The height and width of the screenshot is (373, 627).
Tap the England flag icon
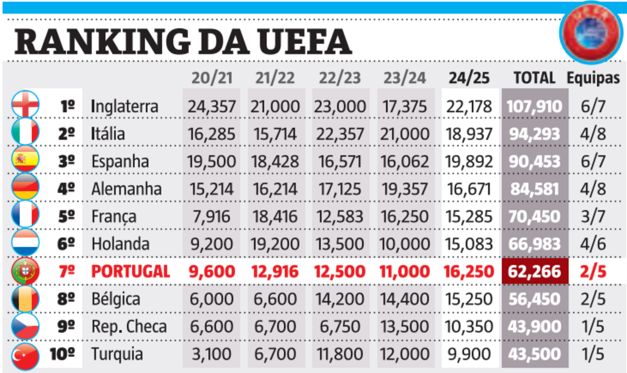point(25,106)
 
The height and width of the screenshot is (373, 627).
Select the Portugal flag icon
point(25,271)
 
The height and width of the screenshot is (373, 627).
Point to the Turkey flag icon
point(25,355)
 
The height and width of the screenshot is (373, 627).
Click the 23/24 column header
point(405,78)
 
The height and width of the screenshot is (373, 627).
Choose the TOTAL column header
point(534,78)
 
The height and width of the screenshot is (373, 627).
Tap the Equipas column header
point(593,78)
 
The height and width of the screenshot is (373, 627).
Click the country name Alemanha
point(126,189)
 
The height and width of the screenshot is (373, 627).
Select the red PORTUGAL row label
point(131,271)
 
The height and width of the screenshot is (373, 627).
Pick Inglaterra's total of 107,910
point(534,106)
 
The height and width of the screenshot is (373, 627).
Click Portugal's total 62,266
point(534,271)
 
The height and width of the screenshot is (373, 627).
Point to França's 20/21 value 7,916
point(212,216)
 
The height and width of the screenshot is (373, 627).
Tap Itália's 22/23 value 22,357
point(339,134)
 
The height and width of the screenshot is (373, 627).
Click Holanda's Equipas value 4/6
point(593,243)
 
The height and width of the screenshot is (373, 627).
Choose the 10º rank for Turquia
point(63,354)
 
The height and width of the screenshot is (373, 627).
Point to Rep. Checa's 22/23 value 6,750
point(339,327)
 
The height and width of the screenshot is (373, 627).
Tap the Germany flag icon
point(25,189)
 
